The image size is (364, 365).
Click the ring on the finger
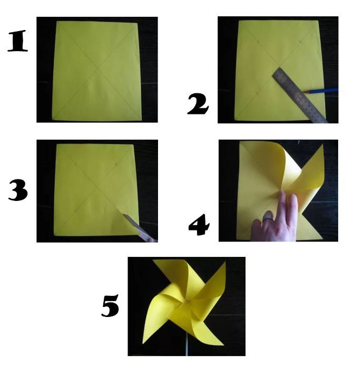click(267, 216)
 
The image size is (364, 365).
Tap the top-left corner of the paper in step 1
click(57, 22)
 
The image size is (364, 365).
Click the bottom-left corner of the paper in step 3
click(54, 235)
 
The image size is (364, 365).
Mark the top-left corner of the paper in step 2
click(239, 22)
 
